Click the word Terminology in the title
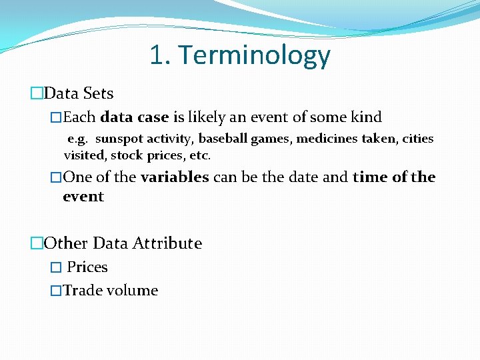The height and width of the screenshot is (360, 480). point(254,56)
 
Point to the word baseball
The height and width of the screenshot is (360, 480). point(221,139)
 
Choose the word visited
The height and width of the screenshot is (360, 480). point(85,155)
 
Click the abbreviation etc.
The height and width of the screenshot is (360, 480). point(201,155)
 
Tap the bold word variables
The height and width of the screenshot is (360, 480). point(175,177)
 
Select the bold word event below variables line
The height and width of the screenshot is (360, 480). point(83,197)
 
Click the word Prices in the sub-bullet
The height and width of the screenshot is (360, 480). point(87,267)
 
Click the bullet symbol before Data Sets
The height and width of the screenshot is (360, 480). point(37,94)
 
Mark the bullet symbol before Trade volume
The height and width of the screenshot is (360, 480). point(57,291)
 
